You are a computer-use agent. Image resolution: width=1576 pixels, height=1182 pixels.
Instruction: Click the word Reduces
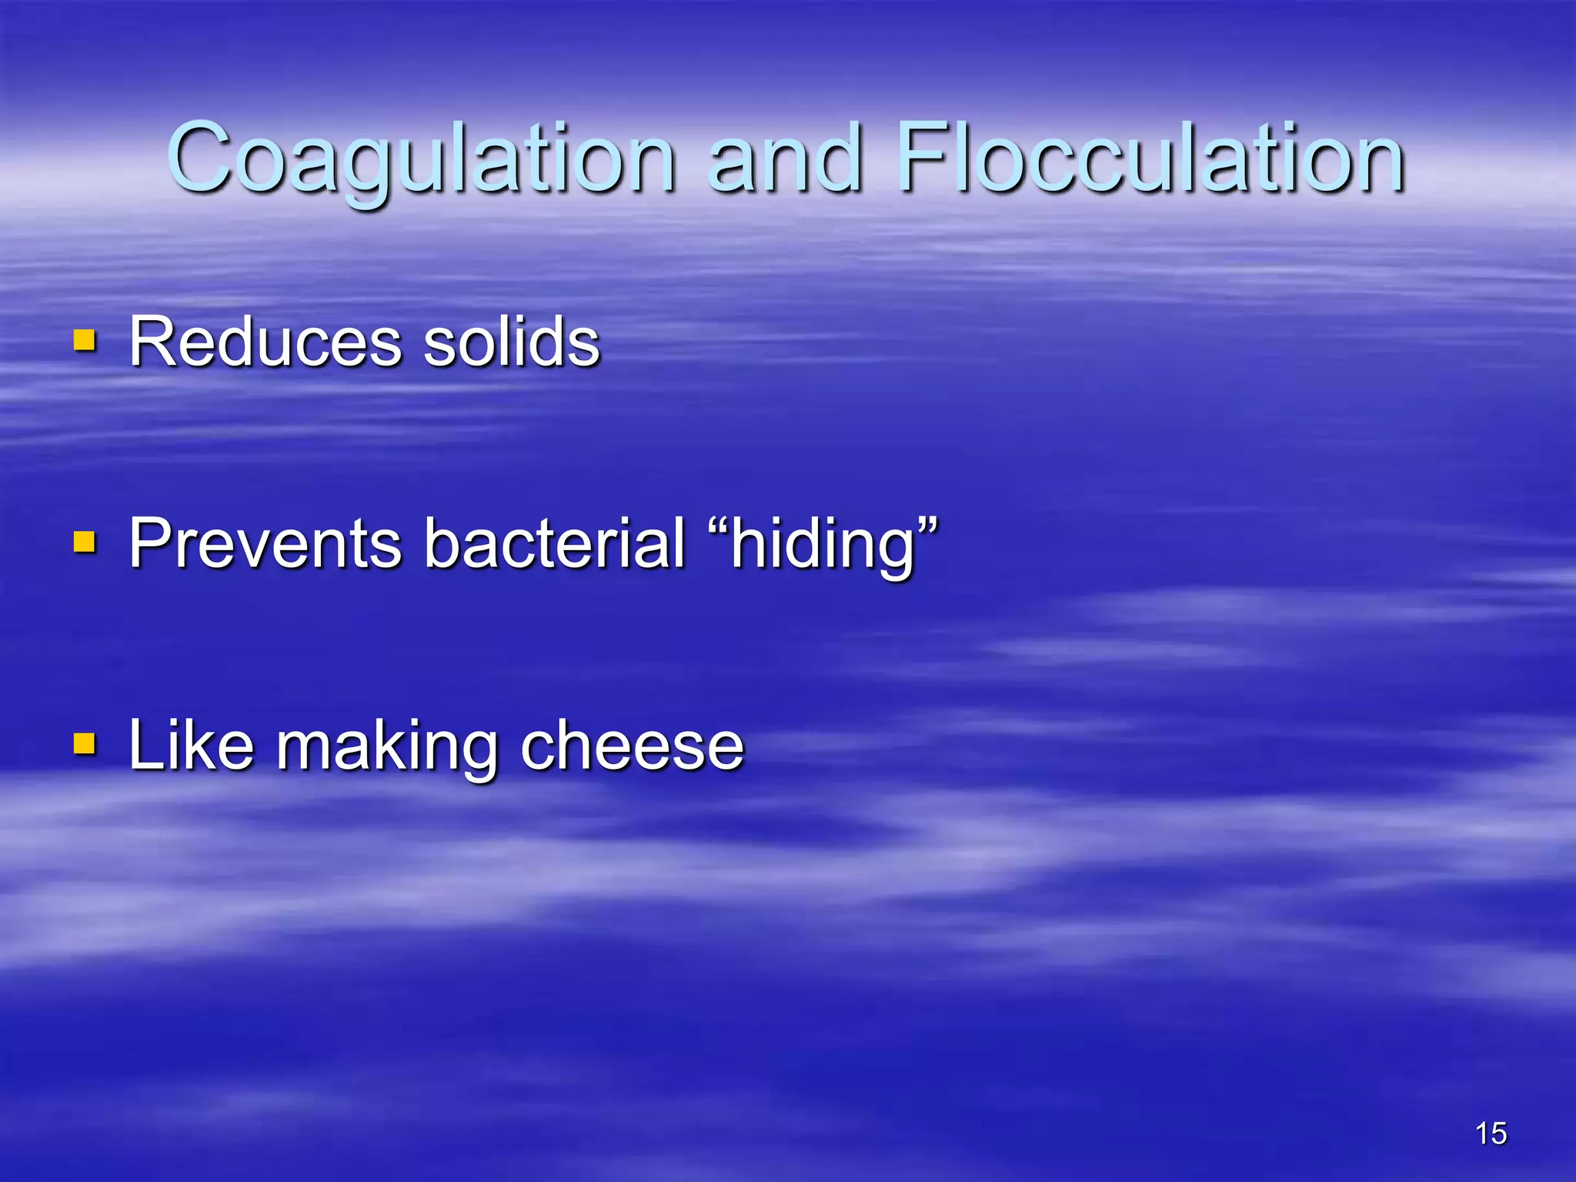[265, 342]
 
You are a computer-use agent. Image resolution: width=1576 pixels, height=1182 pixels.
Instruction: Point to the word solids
[512, 342]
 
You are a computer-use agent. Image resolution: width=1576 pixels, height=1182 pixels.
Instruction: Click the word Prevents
[265, 543]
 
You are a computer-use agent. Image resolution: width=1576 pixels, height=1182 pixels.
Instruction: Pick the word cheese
[632, 745]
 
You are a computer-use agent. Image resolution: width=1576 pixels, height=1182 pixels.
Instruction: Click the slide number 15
[1491, 1134]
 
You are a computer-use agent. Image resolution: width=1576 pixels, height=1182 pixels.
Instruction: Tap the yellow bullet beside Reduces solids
[85, 340]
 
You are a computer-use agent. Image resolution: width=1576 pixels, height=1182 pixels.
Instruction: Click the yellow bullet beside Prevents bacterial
[85, 542]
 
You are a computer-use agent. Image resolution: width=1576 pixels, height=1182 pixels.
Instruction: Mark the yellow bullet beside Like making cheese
[85, 743]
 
